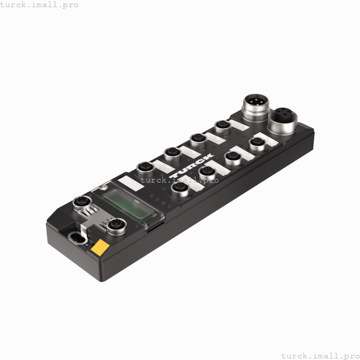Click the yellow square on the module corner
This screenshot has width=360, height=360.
(100, 247)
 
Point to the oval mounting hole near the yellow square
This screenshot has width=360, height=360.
(77, 237)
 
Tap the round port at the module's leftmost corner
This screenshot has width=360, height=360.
(81, 202)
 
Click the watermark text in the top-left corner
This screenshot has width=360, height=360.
(40, 5)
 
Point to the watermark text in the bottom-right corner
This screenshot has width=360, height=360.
(320, 355)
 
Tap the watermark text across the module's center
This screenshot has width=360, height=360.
(179, 180)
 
